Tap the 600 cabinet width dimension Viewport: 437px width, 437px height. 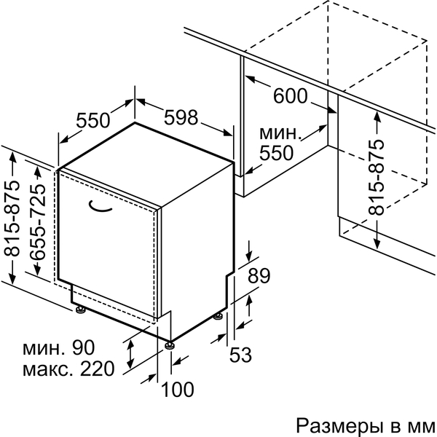(291, 96)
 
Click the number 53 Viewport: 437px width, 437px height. (240, 355)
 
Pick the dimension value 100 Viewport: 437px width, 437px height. (178, 390)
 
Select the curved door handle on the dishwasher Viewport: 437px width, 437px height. (101, 206)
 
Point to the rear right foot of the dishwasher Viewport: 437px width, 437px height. (219, 316)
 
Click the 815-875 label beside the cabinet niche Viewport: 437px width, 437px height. (376, 176)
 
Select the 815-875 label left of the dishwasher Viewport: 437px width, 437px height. (12, 219)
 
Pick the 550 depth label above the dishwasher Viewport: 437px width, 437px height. (93, 119)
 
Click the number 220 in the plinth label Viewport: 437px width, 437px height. (98, 369)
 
